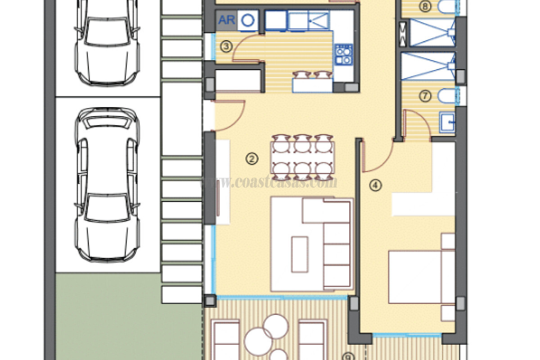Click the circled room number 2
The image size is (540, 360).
pyautogui.click(x=252, y=158)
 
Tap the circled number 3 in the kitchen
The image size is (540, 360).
pyautogui.click(x=227, y=46)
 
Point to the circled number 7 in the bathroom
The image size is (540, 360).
pyautogui.click(x=425, y=95)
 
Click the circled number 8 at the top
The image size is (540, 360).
pyautogui.click(x=424, y=6)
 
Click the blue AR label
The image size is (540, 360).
pyautogui.click(x=226, y=20)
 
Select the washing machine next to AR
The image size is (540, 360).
pyautogui.click(x=248, y=20)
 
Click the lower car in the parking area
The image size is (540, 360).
pyautogui.click(x=106, y=184)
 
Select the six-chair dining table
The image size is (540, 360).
pyautogui.click(x=302, y=157)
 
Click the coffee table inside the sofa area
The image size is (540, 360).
pyautogui.click(x=299, y=254)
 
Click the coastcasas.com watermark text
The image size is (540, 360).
pyautogui.click(x=270, y=183)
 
